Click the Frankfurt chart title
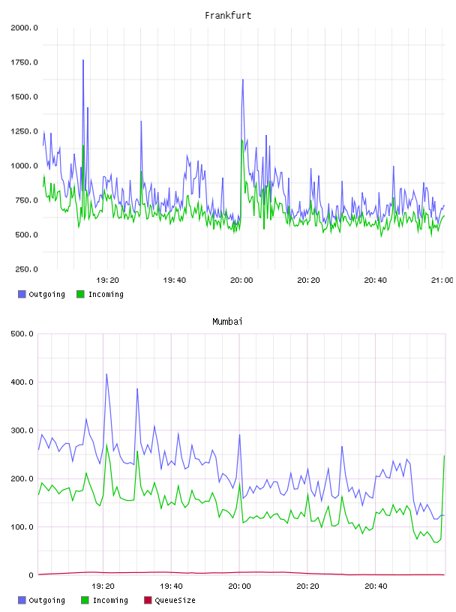pyautogui.click(x=228, y=16)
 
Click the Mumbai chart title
pyautogui.click(x=227, y=322)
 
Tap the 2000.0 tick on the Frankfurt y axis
pyautogui.click(x=24, y=28)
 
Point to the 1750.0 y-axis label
pyautogui.click(x=24, y=62)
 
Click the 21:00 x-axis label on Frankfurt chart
pyautogui.click(x=442, y=280)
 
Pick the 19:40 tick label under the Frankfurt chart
pyautogui.click(x=175, y=280)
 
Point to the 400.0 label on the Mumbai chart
pyautogui.click(x=22, y=382)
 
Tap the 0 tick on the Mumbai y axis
pyautogui.click(x=31, y=575)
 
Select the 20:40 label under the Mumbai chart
pyautogui.click(x=376, y=586)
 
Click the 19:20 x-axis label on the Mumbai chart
pyautogui.click(x=103, y=586)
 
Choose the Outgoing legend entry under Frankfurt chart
pyautogui.click(x=41, y=294)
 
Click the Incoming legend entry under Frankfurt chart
pyautogui.click(x=100, y=294)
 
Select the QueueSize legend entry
pyautogui.click(x=169, y=600)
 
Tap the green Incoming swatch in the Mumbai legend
pyautogui.click(x=85, y=600)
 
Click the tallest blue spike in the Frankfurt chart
pyautogui.click(x=83, y=60)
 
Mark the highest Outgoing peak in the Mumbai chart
pyautogui.click(x=106, y=374)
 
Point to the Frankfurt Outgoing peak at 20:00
pyautogui.click(x=243, y=79)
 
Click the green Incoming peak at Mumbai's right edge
pyautogui.click(x=444, y=456)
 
